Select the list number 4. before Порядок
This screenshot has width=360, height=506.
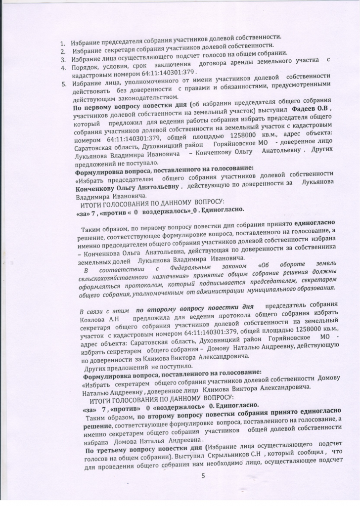click(x=63, y=67)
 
